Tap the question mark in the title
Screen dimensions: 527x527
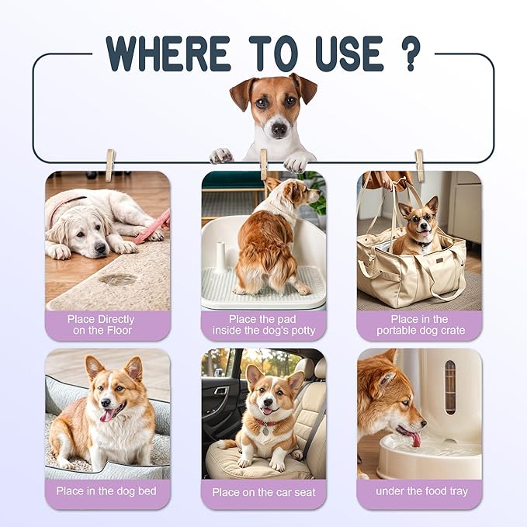[411, 53]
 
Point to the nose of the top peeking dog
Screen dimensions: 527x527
[276, 128]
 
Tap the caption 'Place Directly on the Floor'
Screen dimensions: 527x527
[101, 324]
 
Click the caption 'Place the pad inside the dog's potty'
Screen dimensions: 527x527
[263, 324]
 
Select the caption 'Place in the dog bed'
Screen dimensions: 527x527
[101, 491]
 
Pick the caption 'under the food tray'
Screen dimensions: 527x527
[419, 491]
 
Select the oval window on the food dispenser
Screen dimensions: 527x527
[450, 387]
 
